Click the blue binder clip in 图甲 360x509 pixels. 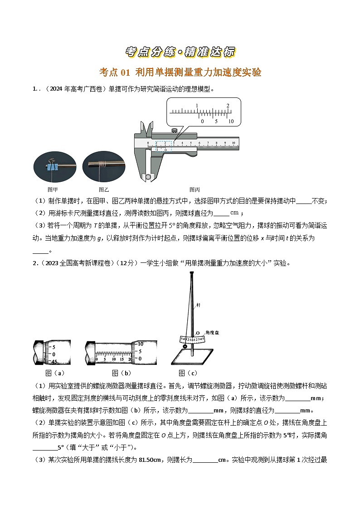[54, 167]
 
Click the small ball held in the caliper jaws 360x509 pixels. [146, 177]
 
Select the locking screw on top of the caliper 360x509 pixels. [174, 131]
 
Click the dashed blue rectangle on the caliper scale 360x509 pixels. [164, 145]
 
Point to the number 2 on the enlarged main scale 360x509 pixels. [228, 106]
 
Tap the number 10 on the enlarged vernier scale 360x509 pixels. [230, 121]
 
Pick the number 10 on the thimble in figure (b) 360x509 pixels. [141, 343]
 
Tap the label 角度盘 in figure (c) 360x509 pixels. [213, 332]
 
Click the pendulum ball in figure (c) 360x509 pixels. [185, 347]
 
